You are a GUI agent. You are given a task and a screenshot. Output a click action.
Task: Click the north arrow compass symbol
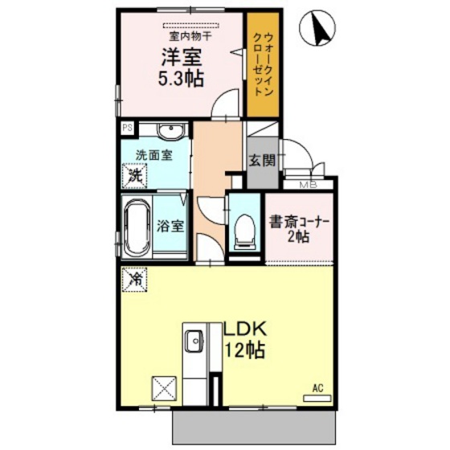(317, 27)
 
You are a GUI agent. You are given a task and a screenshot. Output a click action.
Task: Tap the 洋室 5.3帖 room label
(182, 67)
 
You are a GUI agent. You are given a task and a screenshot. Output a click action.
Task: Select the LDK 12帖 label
(245, 341)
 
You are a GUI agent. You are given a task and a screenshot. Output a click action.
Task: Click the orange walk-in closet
(264, 64)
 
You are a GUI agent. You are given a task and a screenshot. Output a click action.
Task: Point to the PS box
(128, 127)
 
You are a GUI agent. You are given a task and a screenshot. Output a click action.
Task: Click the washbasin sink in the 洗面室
(171, 132)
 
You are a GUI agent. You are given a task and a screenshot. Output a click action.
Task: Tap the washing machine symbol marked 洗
(135, 176)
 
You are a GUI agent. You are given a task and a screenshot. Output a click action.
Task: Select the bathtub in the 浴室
(137, 227)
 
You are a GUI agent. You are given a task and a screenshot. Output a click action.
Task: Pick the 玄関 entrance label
(262, 160)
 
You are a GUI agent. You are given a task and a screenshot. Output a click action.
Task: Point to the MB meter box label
(309, 185)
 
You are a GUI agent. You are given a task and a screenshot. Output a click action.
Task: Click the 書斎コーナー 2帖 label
(299, 229)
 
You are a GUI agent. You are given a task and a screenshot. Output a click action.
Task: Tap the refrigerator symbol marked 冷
(135, 280)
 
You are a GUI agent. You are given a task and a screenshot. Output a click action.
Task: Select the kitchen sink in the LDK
(194, 341)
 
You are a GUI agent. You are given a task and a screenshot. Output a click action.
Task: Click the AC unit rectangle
(317, 399)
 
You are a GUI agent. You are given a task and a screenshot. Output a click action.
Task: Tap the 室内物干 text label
(190, 36)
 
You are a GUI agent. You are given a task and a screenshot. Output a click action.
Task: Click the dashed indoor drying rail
(191, 26)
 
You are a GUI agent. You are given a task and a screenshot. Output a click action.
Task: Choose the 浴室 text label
(170, 227)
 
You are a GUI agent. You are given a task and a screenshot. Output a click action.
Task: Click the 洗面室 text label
(153, 155)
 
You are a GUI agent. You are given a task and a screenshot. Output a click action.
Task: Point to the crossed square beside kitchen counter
(164, 388)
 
